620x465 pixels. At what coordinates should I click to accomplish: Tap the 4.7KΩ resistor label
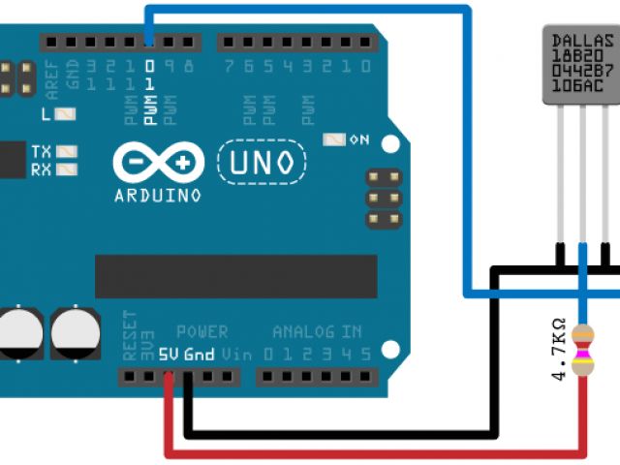(x=559, y=349)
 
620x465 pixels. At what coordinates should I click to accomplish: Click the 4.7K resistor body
(x=583, y=350)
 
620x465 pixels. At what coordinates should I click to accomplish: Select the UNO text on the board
(x=260, y=162)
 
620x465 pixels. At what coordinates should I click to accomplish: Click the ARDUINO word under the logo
(x=157, y=195)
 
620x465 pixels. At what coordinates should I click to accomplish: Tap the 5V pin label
(x=170, y=355)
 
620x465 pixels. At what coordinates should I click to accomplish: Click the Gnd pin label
(x=199, y=355)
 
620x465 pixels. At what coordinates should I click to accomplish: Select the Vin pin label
(x=231, y=355)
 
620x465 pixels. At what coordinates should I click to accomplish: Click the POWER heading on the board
(x=202, y=331)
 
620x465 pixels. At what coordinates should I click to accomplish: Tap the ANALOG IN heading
(x=317, y=331)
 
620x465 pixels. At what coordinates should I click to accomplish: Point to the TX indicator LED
(x=67, y=152)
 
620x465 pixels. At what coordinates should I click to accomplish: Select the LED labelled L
(x=66, y=113)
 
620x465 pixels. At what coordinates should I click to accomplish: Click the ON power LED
(x=335, y=139)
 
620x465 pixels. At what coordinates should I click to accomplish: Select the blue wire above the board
(x=310, y=10)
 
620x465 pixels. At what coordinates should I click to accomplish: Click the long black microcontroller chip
(x=235, y=276)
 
